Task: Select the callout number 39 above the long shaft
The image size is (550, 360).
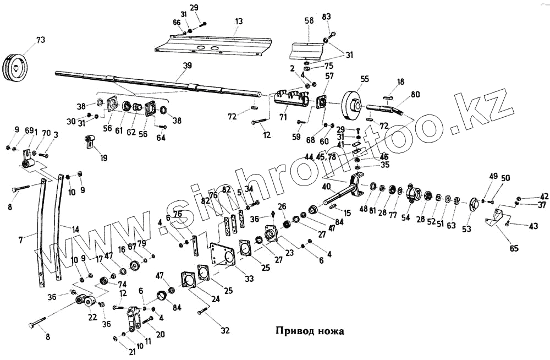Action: (188, 65)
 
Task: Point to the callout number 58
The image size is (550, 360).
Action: (309, 21)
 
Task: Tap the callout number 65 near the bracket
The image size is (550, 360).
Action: (514, 248)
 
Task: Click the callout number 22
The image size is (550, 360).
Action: (92, 317)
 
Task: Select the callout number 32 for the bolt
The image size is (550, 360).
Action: (224, 330)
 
